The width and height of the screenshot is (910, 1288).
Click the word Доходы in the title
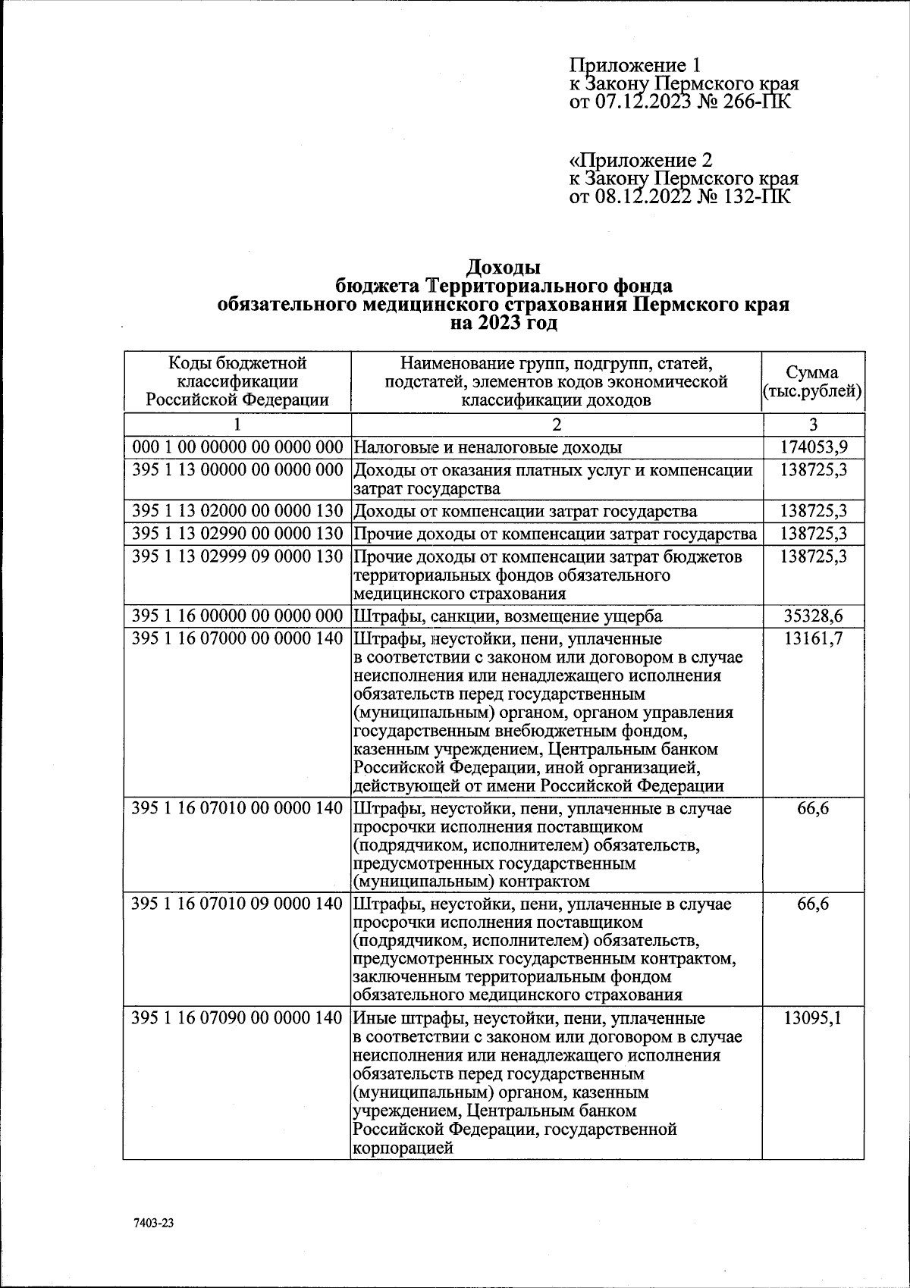coord(503,267)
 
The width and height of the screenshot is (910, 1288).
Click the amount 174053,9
coord(813,447)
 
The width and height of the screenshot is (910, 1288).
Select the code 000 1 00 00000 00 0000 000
coord(237,447)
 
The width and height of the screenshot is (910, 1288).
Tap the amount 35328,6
coord(813,616)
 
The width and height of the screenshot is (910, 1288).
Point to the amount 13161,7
coord(813,638)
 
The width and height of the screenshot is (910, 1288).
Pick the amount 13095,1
coord(813,1018)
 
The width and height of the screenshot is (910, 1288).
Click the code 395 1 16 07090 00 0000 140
coord(237,1018)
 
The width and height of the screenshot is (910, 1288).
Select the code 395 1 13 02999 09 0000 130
coord(237,556)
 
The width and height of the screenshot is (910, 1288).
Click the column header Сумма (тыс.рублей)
coord(812,382)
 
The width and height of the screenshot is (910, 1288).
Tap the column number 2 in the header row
coord(556,425)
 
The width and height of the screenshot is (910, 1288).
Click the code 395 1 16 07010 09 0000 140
coord(237,904)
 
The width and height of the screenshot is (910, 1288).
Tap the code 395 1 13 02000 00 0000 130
coord(237,511)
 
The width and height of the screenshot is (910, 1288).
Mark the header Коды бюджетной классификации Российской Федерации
coord(237,381)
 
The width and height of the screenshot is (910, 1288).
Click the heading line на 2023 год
coord(503,324)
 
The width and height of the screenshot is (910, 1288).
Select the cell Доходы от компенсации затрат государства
coord(526,511)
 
